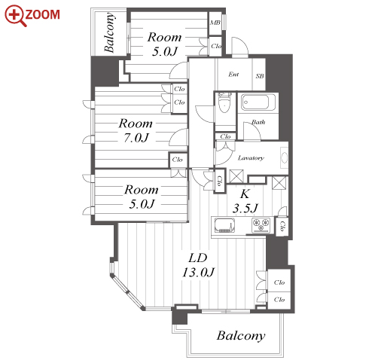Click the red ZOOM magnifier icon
(x=14, y=16)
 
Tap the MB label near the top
(x=215, y=23)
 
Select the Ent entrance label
(x=233, y=75)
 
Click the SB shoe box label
(x=260, y=76)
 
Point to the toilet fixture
(x=224, y=103)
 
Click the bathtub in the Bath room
(x=258, y=102)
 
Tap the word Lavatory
(x=251, y=158)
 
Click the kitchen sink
(x=224, y=225)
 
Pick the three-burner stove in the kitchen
(x=261, y=224)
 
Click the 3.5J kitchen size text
(x=245, y=208)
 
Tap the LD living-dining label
(x=198, y=258)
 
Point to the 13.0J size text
(x=198, y=273)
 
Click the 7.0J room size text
(x=136, y=138)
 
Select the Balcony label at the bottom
(x=241, y=336)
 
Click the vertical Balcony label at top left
(x=110, y=32)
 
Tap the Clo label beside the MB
(x=216, y=46)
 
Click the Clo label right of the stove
(x=282, y=226)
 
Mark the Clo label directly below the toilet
(x=225, y=136)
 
